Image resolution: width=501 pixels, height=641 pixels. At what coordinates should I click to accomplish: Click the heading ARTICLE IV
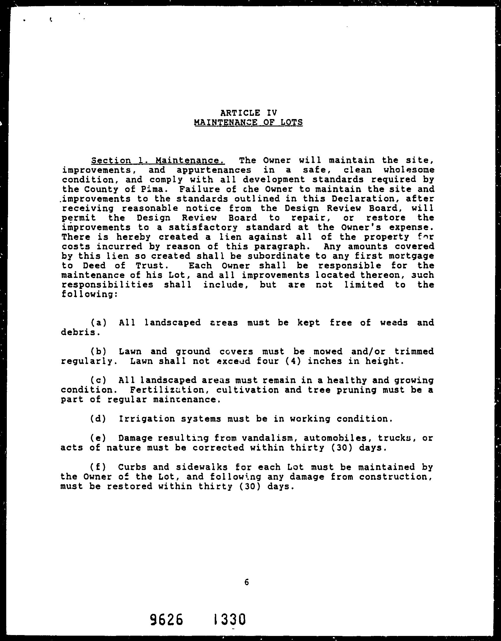pos(249,113)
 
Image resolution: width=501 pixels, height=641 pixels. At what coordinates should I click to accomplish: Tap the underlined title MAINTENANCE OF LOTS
pos(248,122)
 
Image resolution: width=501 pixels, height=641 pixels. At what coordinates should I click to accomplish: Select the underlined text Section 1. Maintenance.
pos(158,161)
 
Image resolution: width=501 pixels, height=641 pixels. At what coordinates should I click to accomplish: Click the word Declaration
pos(357,199)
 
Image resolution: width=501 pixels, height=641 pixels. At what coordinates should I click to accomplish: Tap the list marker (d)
pos(98,419)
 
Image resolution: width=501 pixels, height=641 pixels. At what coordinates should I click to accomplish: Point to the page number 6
pos(246,583)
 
